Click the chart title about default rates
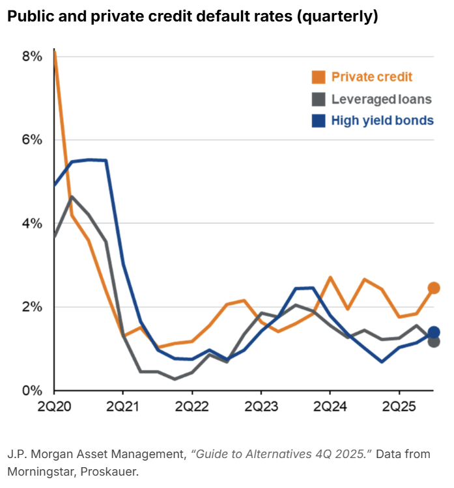[192, 17]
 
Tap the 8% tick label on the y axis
[32, 57]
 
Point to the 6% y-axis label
[32, 140]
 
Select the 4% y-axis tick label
[32, 223]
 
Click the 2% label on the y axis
[32, 307]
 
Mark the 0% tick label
[32, 390]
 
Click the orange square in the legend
[318, 77]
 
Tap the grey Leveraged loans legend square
[318, 100]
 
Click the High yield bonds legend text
[382, 120]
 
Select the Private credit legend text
[372, 77]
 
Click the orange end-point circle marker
[434, 288]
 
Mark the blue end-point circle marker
[434, 332]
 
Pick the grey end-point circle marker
[434, 342]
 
